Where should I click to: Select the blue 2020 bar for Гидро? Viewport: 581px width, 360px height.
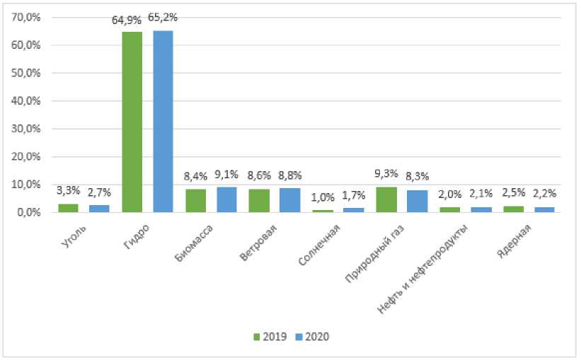point(163,121)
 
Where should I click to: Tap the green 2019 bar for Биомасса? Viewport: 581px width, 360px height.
point(196,201)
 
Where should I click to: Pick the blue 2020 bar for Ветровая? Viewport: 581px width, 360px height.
point(290,200)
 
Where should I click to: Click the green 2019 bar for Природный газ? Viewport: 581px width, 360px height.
point(386,199)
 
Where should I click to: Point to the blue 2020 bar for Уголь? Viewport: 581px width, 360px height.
point(99,209)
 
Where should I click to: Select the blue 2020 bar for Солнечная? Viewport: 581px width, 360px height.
point(354,210)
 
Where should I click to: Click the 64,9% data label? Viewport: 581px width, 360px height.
point(127,21)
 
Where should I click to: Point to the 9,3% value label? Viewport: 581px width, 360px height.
point(386,173)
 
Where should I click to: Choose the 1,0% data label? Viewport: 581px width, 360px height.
point(323,197)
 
